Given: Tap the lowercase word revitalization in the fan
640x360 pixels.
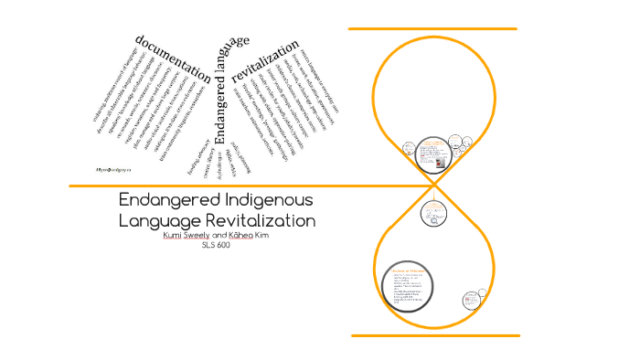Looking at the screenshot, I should [266, 61].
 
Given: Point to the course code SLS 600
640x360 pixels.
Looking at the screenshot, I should [217, 245].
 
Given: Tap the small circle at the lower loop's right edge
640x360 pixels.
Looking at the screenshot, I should [472, 299].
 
